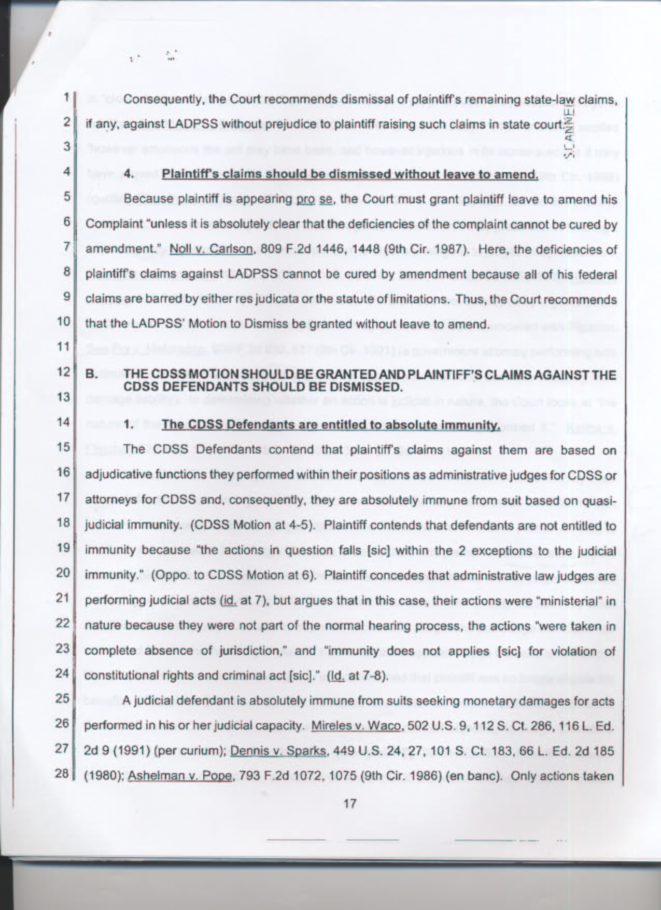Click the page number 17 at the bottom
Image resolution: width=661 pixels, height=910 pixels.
point(350,804)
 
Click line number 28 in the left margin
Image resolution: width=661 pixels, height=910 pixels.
point(62,774)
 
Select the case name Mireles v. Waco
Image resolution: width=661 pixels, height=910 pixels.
point(357,725)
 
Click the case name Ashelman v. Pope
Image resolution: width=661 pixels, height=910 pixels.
point(180,776)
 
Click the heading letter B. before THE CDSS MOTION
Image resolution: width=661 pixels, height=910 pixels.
point(91,374)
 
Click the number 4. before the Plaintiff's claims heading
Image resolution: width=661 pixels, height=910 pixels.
point(129,174)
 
